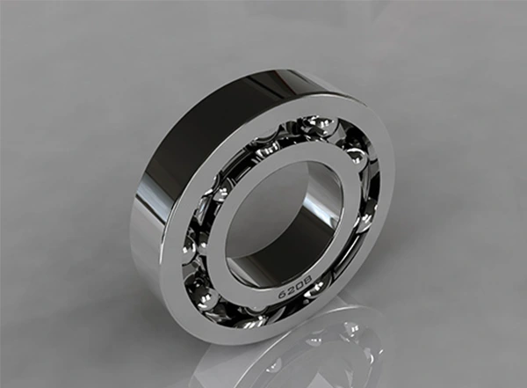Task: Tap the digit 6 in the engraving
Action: click(x=282, y=293)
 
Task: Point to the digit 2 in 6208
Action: click(x=291, y=289)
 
